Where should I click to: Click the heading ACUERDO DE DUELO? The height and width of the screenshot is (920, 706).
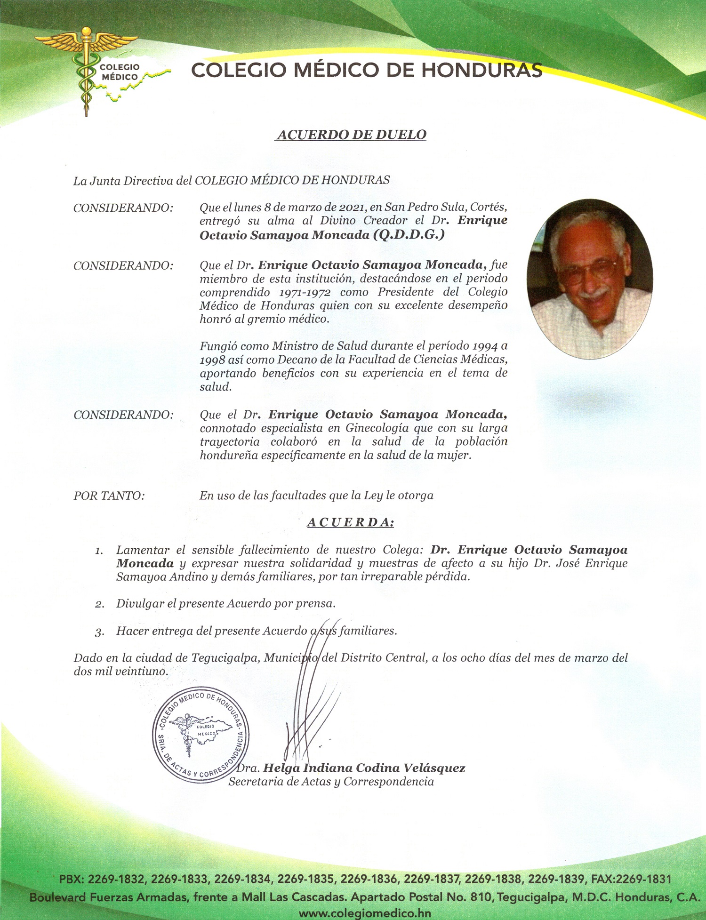point(352,135)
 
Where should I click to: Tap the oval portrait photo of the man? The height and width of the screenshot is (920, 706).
point(590,278)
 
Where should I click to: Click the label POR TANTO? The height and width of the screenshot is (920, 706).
point(109,496)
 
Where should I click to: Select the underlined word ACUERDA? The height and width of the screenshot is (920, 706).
point(351,523)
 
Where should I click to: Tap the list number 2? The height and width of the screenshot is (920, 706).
point(99,604)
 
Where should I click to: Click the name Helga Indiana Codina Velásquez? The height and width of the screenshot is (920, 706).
point(364,768)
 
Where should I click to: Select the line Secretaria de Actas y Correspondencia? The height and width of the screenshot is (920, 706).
point(331,782)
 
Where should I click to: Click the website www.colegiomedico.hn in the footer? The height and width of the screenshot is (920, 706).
point(365,913)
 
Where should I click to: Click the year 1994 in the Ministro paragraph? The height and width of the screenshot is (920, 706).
point(485,346)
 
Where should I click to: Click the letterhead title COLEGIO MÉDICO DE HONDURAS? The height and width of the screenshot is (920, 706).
point(367,71)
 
